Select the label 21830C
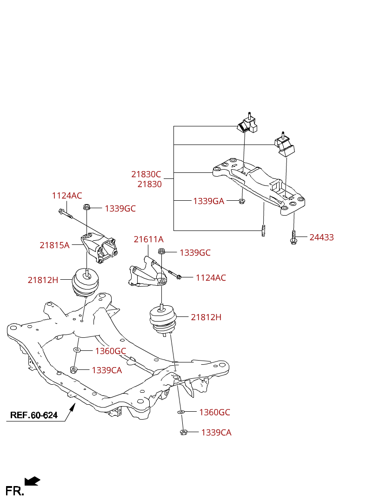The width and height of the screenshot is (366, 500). click(x=146, y=174)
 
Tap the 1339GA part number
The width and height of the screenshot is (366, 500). click(x=208, y=201)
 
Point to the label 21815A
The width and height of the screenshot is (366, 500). click(x=54, y=245)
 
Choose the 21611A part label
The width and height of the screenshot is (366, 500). click(x=148, y=239)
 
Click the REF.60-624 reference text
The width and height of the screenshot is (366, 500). click(x=34, y=415)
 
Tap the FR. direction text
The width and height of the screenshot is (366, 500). click(x=14, y=491)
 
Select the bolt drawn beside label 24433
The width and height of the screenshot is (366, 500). click(x=293, y=237)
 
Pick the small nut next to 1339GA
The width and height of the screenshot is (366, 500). click(x=242, y=201)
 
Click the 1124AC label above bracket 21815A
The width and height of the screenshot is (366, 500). click(x=67, y=196)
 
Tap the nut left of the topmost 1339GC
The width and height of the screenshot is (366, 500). click(x=87, y=207)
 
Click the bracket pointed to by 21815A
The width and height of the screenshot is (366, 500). click(x=100, y=249)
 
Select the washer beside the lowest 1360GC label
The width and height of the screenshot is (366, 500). click(x=182, y=412)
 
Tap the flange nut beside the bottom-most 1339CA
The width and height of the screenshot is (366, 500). click(x=183, y=432)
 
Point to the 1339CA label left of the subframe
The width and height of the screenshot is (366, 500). click(x=106, y=370)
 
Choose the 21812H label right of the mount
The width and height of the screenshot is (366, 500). click(x=206, y=317)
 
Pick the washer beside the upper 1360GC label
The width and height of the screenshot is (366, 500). click(x=77, y=349)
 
